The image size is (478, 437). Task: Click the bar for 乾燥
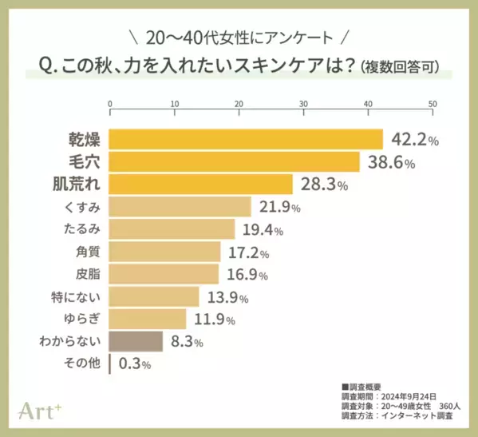[x=246, y=139]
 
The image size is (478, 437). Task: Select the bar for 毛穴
[x=234, y=162]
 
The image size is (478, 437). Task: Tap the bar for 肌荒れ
[x=201, y=185]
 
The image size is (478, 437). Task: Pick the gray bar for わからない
[x=136, y=342]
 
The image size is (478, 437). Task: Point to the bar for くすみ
[x=180, y=207]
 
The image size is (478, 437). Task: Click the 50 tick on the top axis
[x=432, y=104]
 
